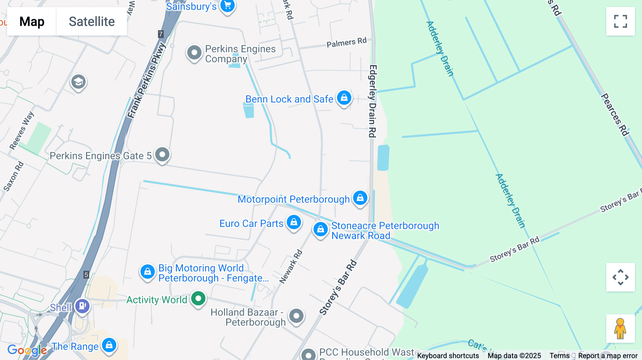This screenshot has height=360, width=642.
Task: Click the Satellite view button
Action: pos(92,21)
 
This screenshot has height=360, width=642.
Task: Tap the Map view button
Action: pos(32,21)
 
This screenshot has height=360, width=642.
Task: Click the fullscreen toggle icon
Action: pos(620,21)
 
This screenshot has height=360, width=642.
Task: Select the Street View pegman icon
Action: pos(620,329)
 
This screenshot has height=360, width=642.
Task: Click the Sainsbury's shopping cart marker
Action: pos(227,6)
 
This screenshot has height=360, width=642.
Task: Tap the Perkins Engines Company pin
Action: pos(194,53)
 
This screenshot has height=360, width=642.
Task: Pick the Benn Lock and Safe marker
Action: pos(344,98)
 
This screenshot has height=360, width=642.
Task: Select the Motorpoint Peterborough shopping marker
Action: pos(360,198)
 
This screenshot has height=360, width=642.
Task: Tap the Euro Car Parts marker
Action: pos(294,222)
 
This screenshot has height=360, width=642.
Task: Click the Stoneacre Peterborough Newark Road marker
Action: pos(320,230)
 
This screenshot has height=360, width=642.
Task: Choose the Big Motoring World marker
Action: pos(148,272)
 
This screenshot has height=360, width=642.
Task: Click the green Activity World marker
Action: pos(198,298)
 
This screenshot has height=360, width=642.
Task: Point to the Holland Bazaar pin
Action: pos(296,316)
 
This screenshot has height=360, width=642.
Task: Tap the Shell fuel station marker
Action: pos(82,306)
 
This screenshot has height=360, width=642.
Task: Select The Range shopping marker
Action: pos(109,345)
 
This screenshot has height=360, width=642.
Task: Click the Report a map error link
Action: pos(608,356)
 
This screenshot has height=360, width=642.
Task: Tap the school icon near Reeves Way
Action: pos(78,82)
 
